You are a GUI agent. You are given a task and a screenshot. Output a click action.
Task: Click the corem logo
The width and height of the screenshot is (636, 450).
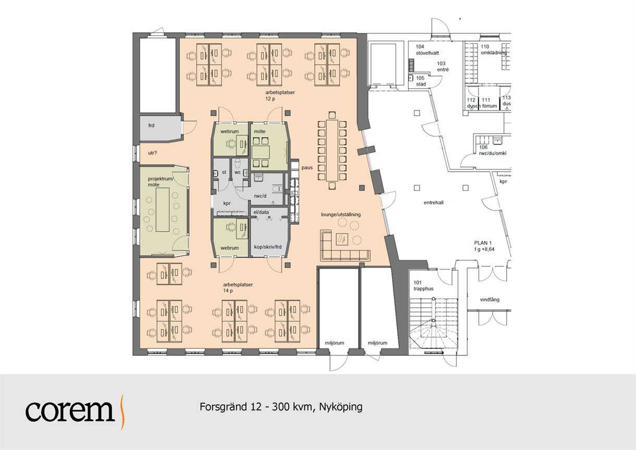[x=75, y=411]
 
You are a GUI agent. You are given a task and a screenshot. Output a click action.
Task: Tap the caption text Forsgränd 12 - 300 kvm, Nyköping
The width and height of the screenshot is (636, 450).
[x=281, y=407]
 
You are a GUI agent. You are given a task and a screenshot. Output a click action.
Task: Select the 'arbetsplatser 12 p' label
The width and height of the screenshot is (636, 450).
[x=280, y=95]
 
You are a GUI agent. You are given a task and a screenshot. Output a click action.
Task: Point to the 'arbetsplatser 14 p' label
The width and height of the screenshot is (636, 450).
[x=238, y=288]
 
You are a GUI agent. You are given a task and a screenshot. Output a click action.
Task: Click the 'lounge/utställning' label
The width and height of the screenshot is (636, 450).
[x=341, y=215]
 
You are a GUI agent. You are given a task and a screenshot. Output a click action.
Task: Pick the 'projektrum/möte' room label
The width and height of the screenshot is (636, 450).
[x=161, y=181]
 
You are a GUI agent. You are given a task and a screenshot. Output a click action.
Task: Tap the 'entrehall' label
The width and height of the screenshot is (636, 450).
[x=434, y=203]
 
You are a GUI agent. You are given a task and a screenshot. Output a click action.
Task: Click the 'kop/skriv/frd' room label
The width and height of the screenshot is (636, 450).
[x=268, y=247]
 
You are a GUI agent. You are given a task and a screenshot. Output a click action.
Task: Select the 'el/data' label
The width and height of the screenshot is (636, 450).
[x=261, y=212]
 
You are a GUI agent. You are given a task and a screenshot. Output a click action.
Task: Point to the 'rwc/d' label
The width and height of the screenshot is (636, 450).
[x=260, y=196]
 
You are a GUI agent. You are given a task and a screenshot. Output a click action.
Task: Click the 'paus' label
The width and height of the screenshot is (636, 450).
[x=307, y=168]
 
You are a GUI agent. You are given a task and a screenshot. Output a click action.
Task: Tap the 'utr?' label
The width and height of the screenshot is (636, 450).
[x=152, y=153]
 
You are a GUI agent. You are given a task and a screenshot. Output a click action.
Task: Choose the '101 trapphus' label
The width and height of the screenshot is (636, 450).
[x=424, y=286]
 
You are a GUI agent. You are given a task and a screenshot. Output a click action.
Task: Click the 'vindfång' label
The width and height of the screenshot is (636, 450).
[x=490, y=299]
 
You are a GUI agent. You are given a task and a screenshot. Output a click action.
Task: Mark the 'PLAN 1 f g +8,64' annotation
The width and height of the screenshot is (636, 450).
[x=484, y=246]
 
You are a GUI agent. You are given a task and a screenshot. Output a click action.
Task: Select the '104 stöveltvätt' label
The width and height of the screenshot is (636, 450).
[x=427, y=50]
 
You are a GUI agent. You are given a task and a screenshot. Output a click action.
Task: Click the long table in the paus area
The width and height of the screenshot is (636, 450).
[x=332, y=151]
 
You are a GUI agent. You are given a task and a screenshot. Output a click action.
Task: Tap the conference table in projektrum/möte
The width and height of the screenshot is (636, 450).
[x=163, y=210]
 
